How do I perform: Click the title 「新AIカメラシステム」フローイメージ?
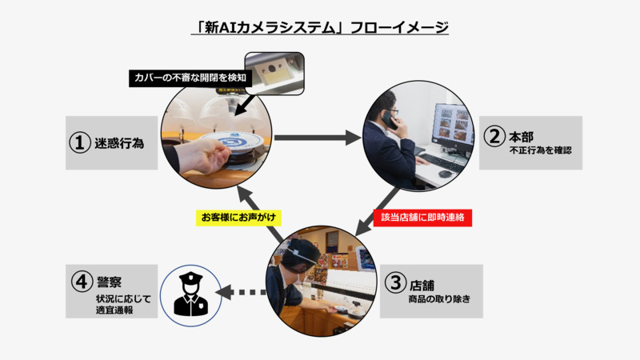click(320, 27)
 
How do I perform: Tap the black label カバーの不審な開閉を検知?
click(190, 78)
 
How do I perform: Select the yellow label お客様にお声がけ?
click(238, 218)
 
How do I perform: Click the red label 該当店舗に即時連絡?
click(422, 218)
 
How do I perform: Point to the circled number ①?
click(79, 143)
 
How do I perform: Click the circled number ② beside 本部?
click(494, 136)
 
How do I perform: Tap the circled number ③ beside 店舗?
click(395, 282)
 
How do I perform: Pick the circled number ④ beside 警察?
click(82, 282)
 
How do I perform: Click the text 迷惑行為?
click(119, 143)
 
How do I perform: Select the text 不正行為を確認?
click(541, 150)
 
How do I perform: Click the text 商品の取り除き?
click(439, 298)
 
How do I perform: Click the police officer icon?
click(190, 294)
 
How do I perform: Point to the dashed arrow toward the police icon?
click(241, 292)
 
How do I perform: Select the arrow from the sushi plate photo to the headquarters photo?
click(318, 138)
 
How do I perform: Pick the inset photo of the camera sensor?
click(274, 74)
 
